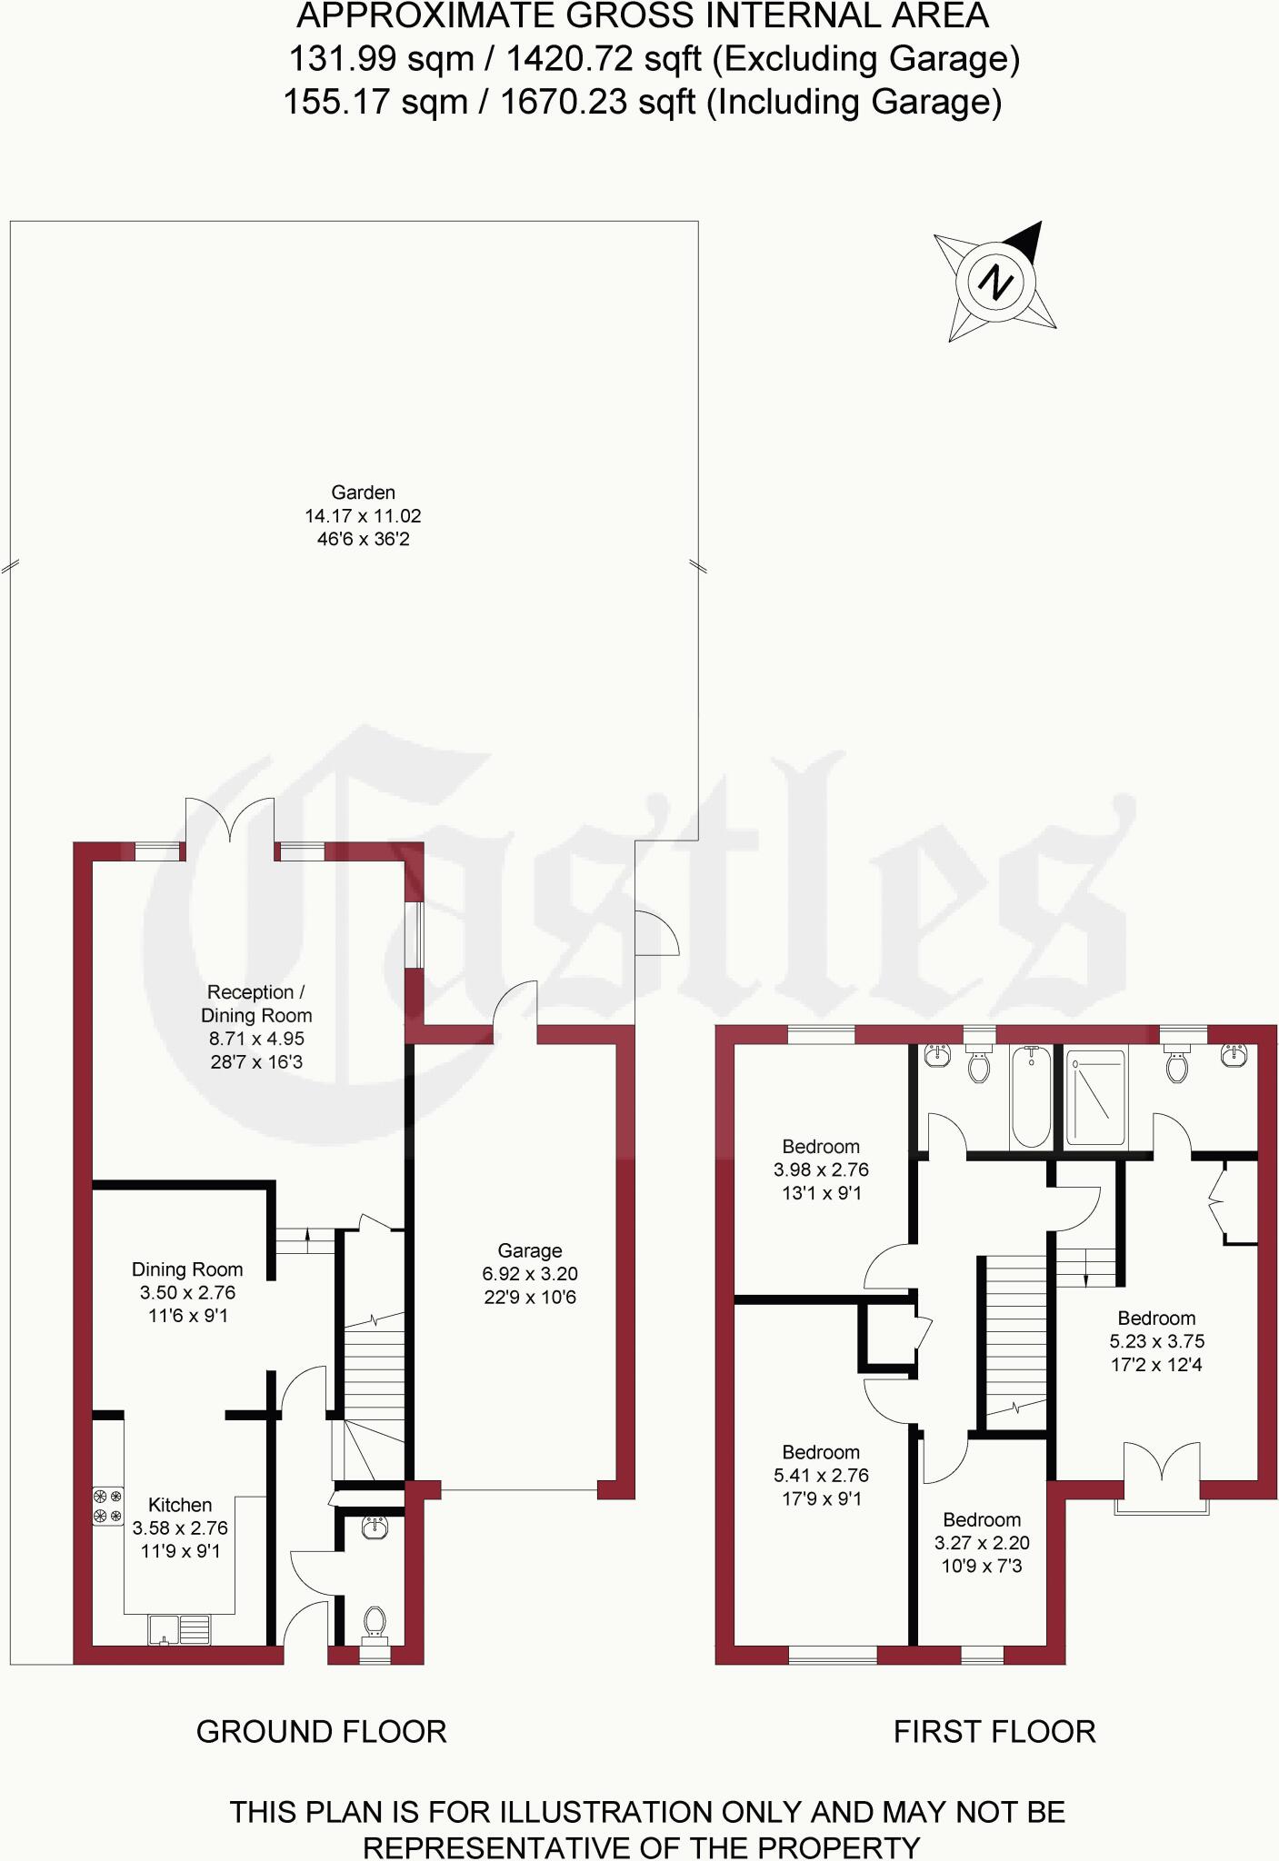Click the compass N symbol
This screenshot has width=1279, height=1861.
point(995,282)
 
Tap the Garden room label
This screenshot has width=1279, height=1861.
point(363,493)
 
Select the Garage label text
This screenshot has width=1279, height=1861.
point(530,1251)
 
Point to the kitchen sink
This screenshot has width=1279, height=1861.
point(179,1629)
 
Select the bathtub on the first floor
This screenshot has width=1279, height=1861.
point(1031,1097)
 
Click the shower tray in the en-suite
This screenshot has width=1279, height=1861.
point(1095,1097)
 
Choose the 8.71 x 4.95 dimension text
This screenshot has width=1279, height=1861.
point(256,1040)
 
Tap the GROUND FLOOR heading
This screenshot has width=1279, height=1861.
point(322,1733)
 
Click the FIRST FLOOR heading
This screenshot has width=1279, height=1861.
point(994,1733)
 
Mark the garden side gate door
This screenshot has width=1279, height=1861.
point(655,933)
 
